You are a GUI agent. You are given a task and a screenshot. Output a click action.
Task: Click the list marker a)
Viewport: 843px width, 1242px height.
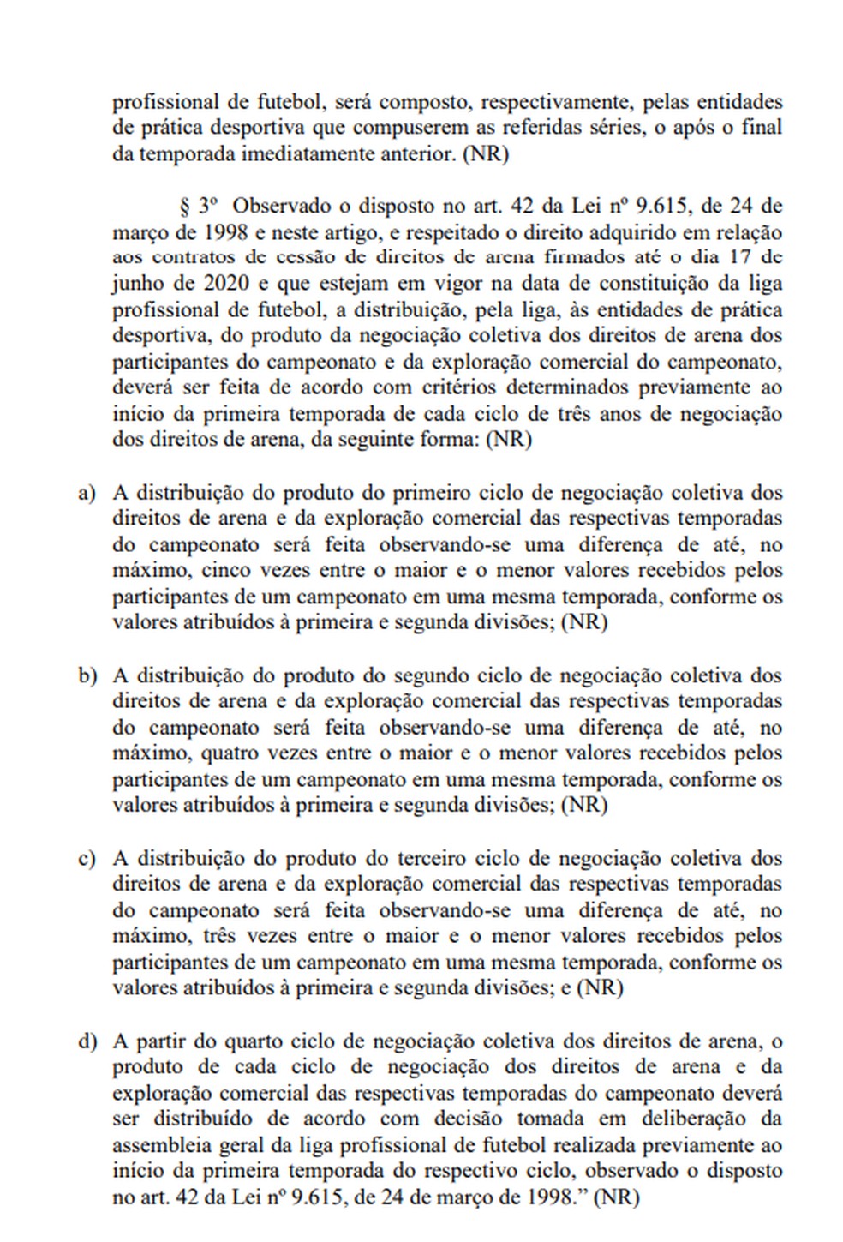click(86, 494)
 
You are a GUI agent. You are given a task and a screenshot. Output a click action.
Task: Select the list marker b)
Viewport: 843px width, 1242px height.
click(86, 676)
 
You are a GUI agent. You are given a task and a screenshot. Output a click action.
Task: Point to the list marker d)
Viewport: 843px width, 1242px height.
click(86, 1042)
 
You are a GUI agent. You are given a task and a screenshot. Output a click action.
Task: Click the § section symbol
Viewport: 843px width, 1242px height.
click(182, 207)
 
